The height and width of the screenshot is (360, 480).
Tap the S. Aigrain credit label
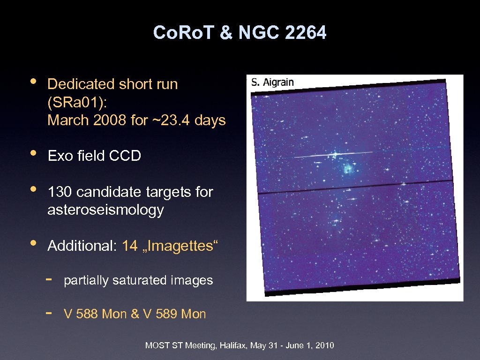[x=272, y=82]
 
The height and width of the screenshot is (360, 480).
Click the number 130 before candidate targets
[x=60, y=192]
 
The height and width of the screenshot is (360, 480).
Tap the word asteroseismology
[x=105, y=210]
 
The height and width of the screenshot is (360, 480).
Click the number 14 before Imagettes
[x=129, y=246]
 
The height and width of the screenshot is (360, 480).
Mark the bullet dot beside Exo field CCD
[x=32, y=153]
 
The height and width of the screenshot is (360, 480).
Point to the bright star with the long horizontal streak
[x=335, y=154]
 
